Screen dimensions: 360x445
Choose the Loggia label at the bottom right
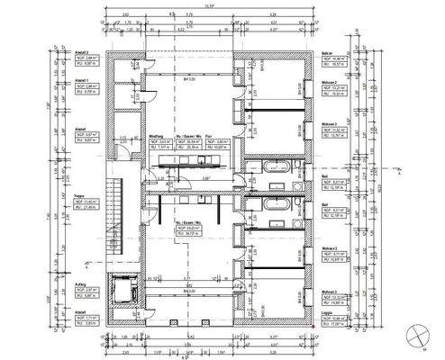(329, 317)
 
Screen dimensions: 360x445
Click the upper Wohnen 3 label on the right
(330, 124)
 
